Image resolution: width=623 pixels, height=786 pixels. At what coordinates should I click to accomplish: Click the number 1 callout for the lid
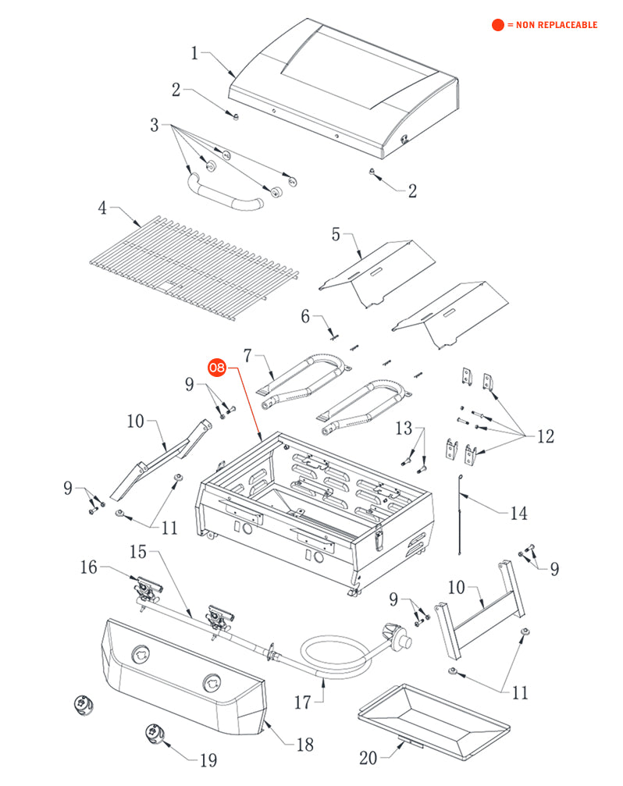coord(196,52)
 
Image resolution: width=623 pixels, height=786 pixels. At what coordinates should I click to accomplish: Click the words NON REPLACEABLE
coord(552,25)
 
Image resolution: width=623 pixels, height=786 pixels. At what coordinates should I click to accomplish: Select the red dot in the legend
coord(497,25)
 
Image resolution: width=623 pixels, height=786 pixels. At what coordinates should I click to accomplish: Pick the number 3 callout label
coord(155,125)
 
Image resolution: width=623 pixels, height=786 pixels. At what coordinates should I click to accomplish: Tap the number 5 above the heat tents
coord(336,234)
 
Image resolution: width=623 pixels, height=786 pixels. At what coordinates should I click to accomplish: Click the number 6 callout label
coord(306,316)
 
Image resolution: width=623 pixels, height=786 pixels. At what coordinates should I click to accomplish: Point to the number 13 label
coord(403,428)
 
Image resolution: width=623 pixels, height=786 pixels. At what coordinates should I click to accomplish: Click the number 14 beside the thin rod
coord(518,513)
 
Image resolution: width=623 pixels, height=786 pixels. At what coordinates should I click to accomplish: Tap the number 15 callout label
coord(138,553)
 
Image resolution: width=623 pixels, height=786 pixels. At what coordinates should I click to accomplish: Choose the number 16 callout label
coord(88,567)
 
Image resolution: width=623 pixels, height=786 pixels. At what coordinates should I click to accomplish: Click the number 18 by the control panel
coord(304,745)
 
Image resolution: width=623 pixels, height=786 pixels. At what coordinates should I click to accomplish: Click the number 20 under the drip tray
coord(368,757)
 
